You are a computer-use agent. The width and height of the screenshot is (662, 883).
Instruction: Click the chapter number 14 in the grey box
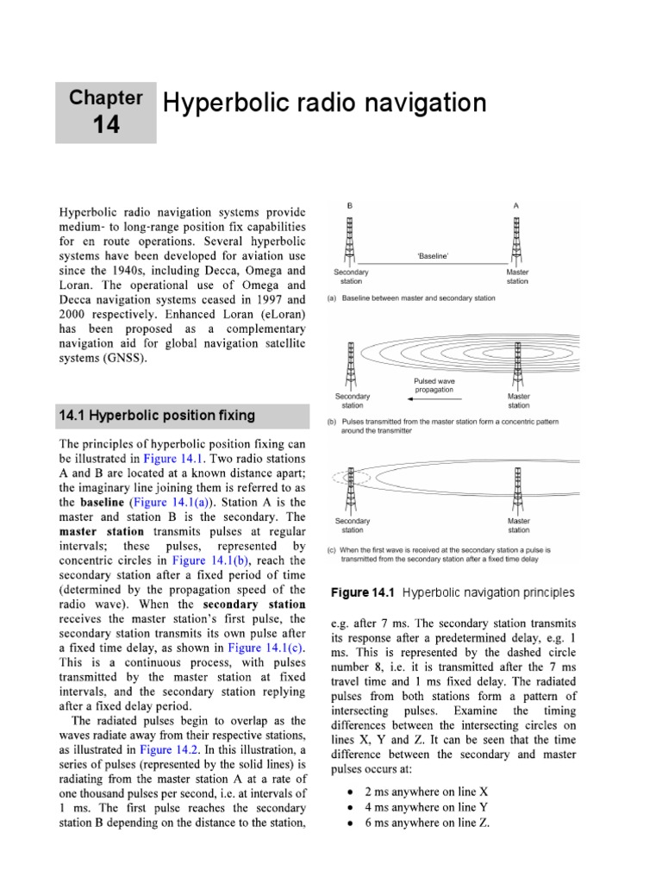pos(107,126)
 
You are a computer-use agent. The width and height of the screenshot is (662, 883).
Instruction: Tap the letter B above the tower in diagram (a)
pos(349,206)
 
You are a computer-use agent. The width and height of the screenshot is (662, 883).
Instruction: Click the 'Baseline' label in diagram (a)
pos(433,256)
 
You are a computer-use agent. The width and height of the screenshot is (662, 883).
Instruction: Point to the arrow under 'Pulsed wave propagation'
pos(434,400)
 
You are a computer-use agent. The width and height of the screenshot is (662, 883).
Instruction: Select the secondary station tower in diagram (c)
pos(351,489)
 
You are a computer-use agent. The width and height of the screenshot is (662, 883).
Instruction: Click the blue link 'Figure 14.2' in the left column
pos(178,750)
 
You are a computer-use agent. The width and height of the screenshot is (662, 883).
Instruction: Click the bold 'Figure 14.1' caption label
pos(362,592)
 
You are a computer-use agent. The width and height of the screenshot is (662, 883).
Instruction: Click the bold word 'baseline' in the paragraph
pos(103,502)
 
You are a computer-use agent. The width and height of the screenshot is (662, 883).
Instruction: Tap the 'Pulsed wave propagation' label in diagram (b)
pos(434,385)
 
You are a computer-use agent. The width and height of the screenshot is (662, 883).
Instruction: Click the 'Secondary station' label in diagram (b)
pos(352,400)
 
